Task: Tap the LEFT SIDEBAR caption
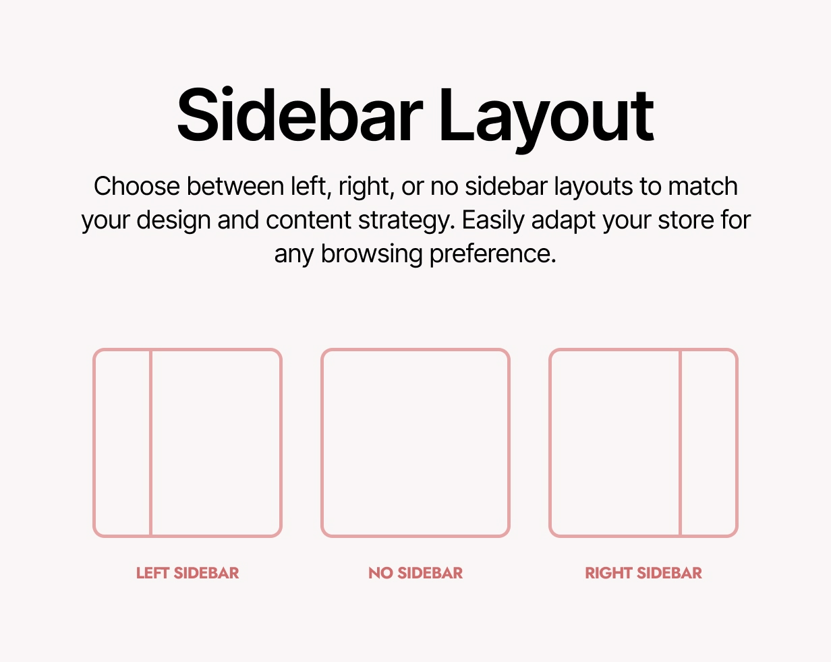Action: [188, 573]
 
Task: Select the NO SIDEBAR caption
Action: [415, 573]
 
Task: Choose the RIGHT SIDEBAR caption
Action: [643, 573]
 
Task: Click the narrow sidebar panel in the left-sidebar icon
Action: [122, 443]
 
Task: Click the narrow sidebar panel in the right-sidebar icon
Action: [708, 443]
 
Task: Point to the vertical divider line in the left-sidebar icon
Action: [150, 443]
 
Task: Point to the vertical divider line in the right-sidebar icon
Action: [680, 443]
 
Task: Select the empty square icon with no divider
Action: [415, 443]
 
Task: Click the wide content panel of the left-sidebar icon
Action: [214, 443]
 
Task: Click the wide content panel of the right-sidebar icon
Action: [615, 443]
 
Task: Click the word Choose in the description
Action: [137, 187]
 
